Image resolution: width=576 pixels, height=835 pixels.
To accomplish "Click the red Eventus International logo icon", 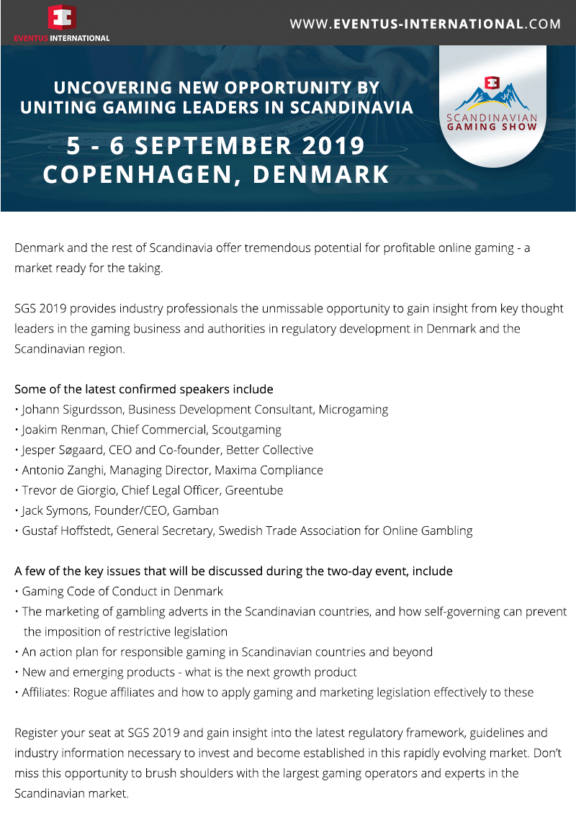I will coord(61,17).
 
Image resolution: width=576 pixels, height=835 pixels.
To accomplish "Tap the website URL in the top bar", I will coord(425,24).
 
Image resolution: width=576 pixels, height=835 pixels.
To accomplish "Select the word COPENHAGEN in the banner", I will coord(138,174).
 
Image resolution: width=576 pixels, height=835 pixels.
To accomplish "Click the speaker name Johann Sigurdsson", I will coord(72,410).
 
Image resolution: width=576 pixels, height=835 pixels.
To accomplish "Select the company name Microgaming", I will coord(354,410).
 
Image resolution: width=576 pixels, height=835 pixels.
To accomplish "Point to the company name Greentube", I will coord(254,490).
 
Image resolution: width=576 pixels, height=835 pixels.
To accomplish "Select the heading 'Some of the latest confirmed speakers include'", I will coord(144,389).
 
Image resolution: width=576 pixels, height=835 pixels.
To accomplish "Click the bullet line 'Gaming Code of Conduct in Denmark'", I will coord(122,591).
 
